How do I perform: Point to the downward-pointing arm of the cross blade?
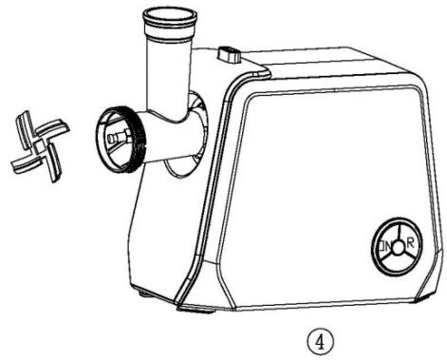pos(43,164)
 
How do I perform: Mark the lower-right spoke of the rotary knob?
pos(407,257)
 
